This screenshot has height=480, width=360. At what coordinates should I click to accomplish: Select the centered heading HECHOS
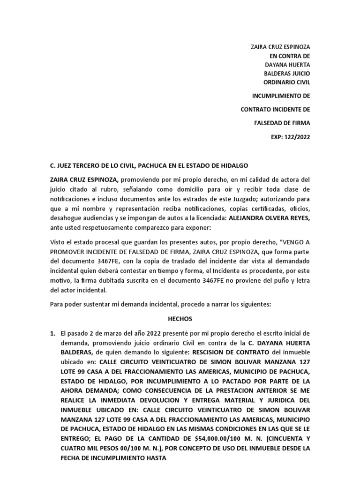tap(180, 318)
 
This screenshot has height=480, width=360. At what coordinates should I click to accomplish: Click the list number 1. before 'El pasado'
tap(52, 333)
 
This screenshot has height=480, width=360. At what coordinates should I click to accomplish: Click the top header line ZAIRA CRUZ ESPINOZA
tap(281, 47)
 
